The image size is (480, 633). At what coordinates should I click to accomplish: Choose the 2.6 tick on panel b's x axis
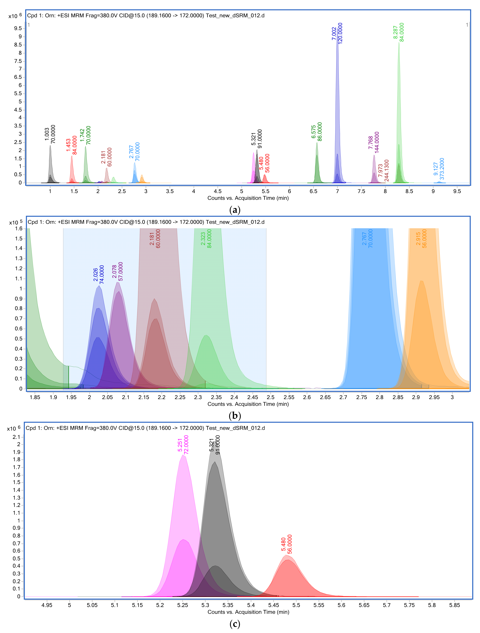[x=307, y=397]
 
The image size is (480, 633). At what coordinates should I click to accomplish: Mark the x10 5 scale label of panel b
[x=15, y=222]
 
